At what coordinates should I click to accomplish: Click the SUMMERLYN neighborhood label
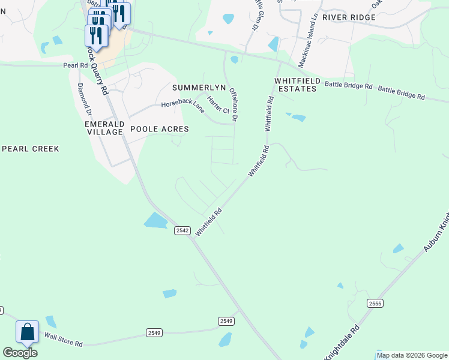199,88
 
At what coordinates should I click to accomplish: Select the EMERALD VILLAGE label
104,128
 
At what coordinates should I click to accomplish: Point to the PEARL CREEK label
31,148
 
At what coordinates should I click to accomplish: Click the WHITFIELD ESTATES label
295,85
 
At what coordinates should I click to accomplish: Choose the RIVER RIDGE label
349,17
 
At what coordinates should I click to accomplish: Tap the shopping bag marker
28,332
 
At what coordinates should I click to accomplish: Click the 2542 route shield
182,230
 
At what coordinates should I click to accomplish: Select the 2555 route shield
375,304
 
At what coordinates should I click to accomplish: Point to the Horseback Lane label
182,104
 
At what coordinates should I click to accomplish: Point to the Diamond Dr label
84,99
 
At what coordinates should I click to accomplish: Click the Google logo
20,352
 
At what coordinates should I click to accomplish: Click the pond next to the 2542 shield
155,221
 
